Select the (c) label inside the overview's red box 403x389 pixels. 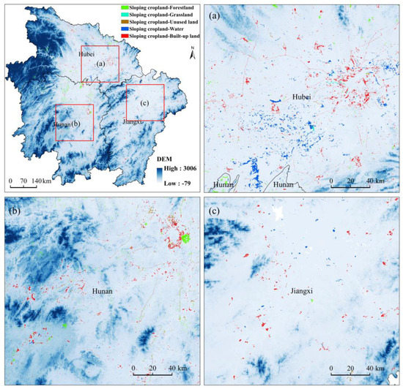tap(144, 103)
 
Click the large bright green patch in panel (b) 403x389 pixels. tap(185, 238)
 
